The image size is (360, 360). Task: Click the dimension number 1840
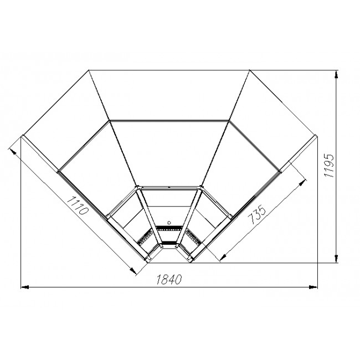pyautogui.click(x=169, y=279)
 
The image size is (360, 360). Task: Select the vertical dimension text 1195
pyautogui.click(x=329, y=166)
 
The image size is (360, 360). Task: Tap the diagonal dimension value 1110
pyautogui.click(x=78, y=205)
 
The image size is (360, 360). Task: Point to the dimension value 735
pyautogui.click(x=257, y=215)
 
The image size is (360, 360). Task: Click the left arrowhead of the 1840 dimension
pyautogui.click(x=24, y=287)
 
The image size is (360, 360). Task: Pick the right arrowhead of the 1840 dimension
pyautogui.click(x=313, y=287)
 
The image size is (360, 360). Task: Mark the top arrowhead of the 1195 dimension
pyautogui.click(x=336, y=75)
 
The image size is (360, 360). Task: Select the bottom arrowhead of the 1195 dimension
pyautogui.click(x=336, y=259)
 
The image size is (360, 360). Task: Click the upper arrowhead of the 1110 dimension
pyautogui.click(x=13, y=152)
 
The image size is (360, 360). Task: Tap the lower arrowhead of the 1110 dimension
pyautogui.click(x=133, y=271)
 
